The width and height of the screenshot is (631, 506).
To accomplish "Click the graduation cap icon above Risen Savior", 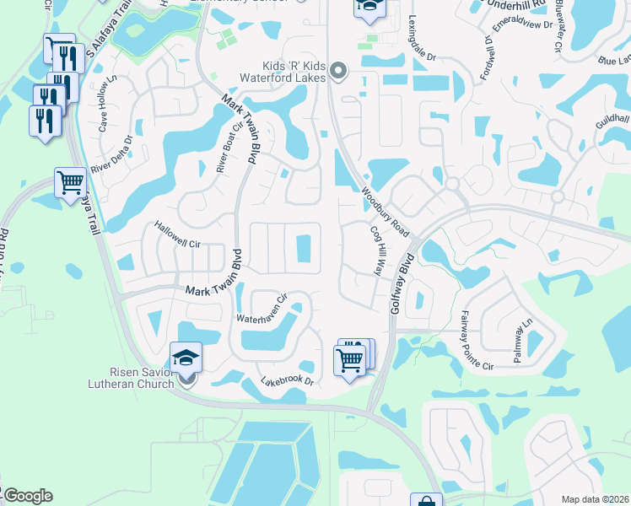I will (x=186, y=358).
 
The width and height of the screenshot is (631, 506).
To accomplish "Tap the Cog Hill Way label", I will (x=375, y=250).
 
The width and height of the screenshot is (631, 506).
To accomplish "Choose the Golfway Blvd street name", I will (x=402, y=283).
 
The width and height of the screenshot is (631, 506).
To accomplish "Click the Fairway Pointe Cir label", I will (x=475, y=341).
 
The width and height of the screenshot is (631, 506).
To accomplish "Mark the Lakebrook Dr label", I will (x=288, y=381).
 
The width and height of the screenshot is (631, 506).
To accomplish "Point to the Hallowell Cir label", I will (x=175, y=234).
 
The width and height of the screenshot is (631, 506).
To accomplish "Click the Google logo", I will (x=28, y=496).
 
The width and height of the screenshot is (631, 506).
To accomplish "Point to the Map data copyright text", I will (x=594, y=499).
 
